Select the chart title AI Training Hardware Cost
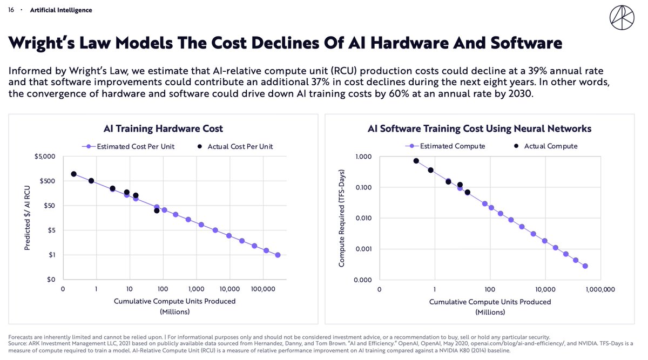(163, 128)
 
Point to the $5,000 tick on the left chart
(45, 157)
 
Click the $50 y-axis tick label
(49, 206)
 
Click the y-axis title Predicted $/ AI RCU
(26, 218)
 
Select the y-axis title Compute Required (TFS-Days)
(341, 218)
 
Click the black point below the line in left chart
(157, 210)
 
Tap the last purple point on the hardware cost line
(278, 255)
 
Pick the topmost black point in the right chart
(416, 161)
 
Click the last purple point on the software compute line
(585, 266)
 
